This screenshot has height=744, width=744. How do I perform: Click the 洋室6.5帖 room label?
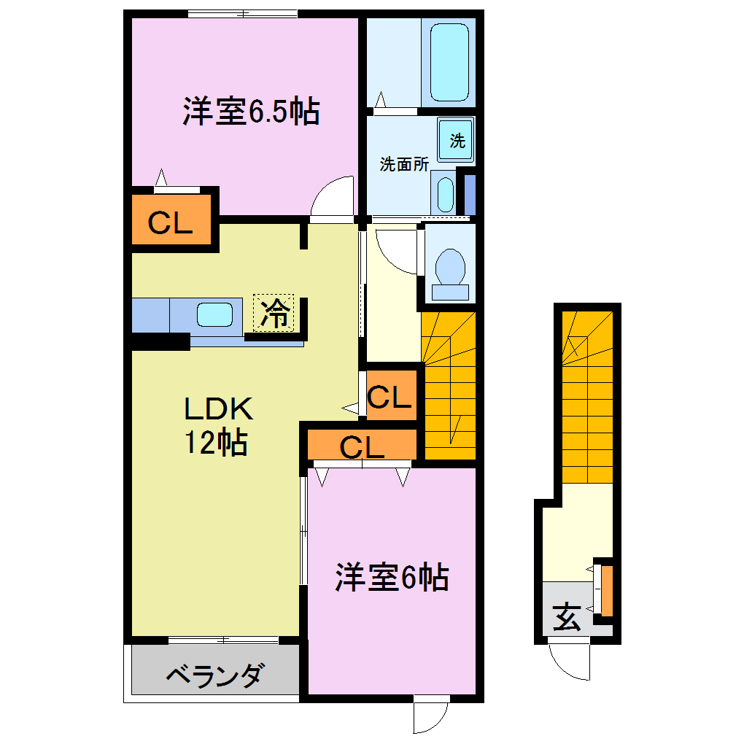tap(251, 112)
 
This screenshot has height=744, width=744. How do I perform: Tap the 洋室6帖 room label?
tap(391, 578)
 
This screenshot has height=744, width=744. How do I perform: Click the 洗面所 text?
tap(403, 164)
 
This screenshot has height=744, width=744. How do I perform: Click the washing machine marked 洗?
tap(457, 140)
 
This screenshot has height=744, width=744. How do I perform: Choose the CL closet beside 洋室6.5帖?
tap(171, 222)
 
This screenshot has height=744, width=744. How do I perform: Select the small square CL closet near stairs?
tap(390, 397)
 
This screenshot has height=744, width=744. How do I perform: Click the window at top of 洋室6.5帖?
tap(241, 13)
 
